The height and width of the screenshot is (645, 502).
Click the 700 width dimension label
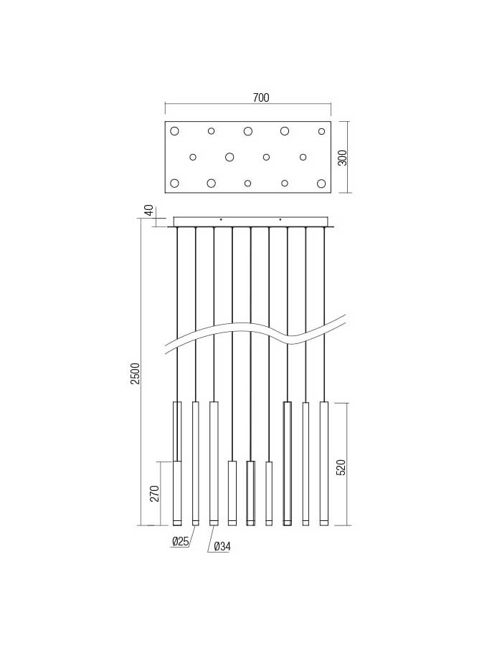coord(261,97)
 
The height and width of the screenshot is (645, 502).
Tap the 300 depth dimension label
coord(342,158)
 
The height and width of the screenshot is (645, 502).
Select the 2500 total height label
coord(136,373)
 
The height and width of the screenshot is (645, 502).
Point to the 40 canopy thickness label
coord(149,210)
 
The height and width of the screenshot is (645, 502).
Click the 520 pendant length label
coord(341,467)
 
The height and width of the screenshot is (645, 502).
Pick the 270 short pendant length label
coord(154,493)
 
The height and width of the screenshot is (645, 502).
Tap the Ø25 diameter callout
coord(180,541)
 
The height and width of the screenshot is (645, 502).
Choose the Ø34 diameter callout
coord(222,546)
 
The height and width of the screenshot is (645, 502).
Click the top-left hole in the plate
coord(174,131)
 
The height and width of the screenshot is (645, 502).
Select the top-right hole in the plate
coord(321,131)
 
